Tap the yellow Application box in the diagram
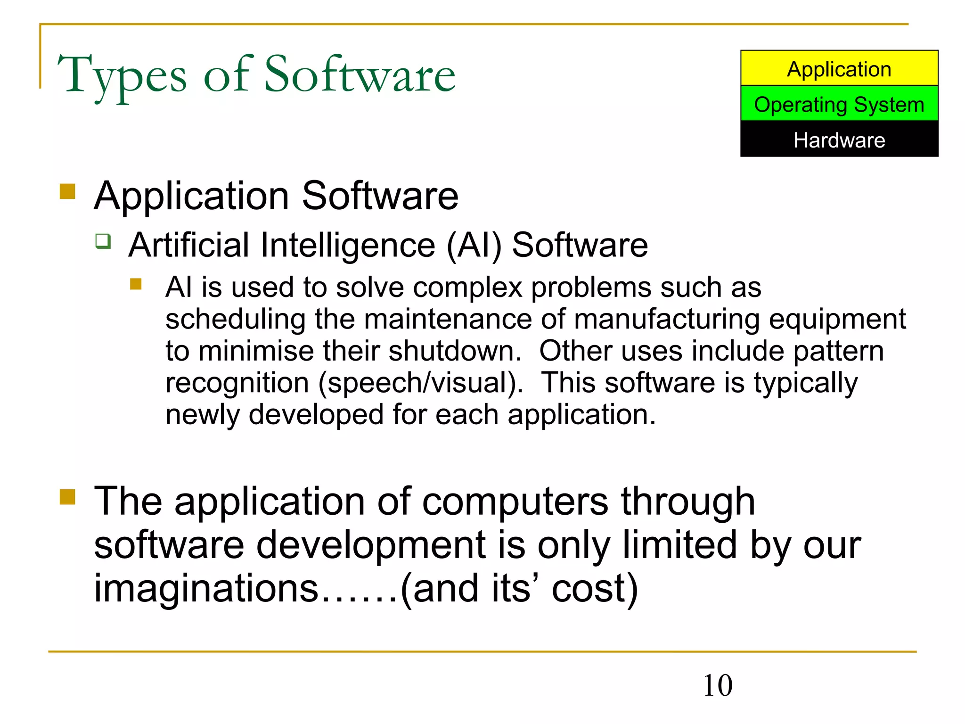click(x=839, y=69)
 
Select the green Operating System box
click(x=839, y=104)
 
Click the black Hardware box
click(x=839, y=140)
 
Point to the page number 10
click(x=718, y=685)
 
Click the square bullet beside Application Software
click(x=67, y=191)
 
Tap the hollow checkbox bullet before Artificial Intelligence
click(x=103, y=241)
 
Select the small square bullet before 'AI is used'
click(x=136, y=284)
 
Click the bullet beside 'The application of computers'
click(x=67, y=496)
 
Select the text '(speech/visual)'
click(x=421, y=383)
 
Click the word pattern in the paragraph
click(x=838, y=351)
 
